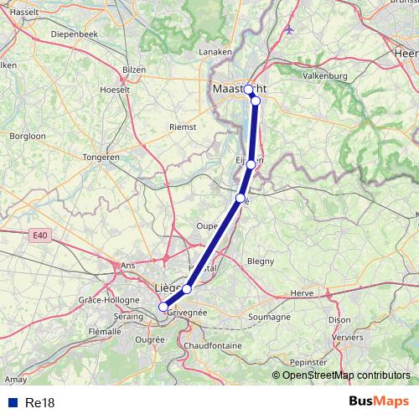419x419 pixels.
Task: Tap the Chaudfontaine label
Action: tap(213, 345)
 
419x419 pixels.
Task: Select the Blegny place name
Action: tap(261, 261)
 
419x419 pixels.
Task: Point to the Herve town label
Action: tap(301, 293)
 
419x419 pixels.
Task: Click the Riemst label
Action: tap(183, 127)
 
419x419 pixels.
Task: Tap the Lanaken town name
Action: tap(214, 52)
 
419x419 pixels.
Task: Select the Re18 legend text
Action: tap(40, 403)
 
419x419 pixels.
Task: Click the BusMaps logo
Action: tap(380, 401)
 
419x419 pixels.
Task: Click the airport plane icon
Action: tap(290, 30)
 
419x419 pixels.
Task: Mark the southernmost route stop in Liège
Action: tap(163, 307)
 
